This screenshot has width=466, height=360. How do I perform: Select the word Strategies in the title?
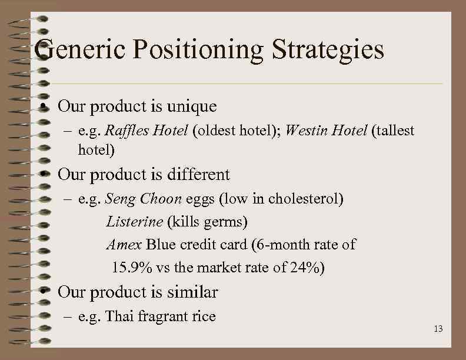(x=328, y=51)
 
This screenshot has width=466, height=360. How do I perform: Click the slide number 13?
(x=438, y=329)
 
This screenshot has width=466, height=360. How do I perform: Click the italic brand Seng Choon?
(x=143, y=199)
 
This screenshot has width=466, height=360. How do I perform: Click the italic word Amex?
(x=124, y=244)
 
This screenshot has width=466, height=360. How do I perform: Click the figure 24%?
(x=306, y=268)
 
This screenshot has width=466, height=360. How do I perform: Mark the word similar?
(x=192, y=292)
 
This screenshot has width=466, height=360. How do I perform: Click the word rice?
(x=204, y=316)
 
